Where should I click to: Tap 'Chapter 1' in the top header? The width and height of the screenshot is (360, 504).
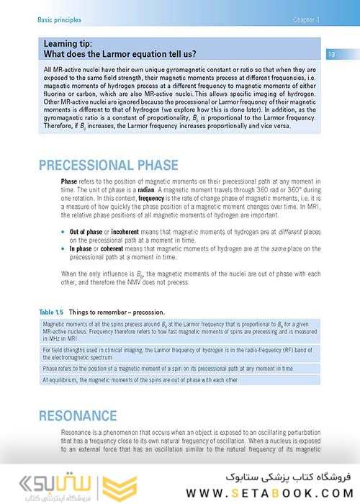coord(306,20)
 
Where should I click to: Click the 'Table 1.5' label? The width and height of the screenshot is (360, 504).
coord(55,312)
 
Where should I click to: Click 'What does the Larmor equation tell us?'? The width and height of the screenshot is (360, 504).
coord(120,54)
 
